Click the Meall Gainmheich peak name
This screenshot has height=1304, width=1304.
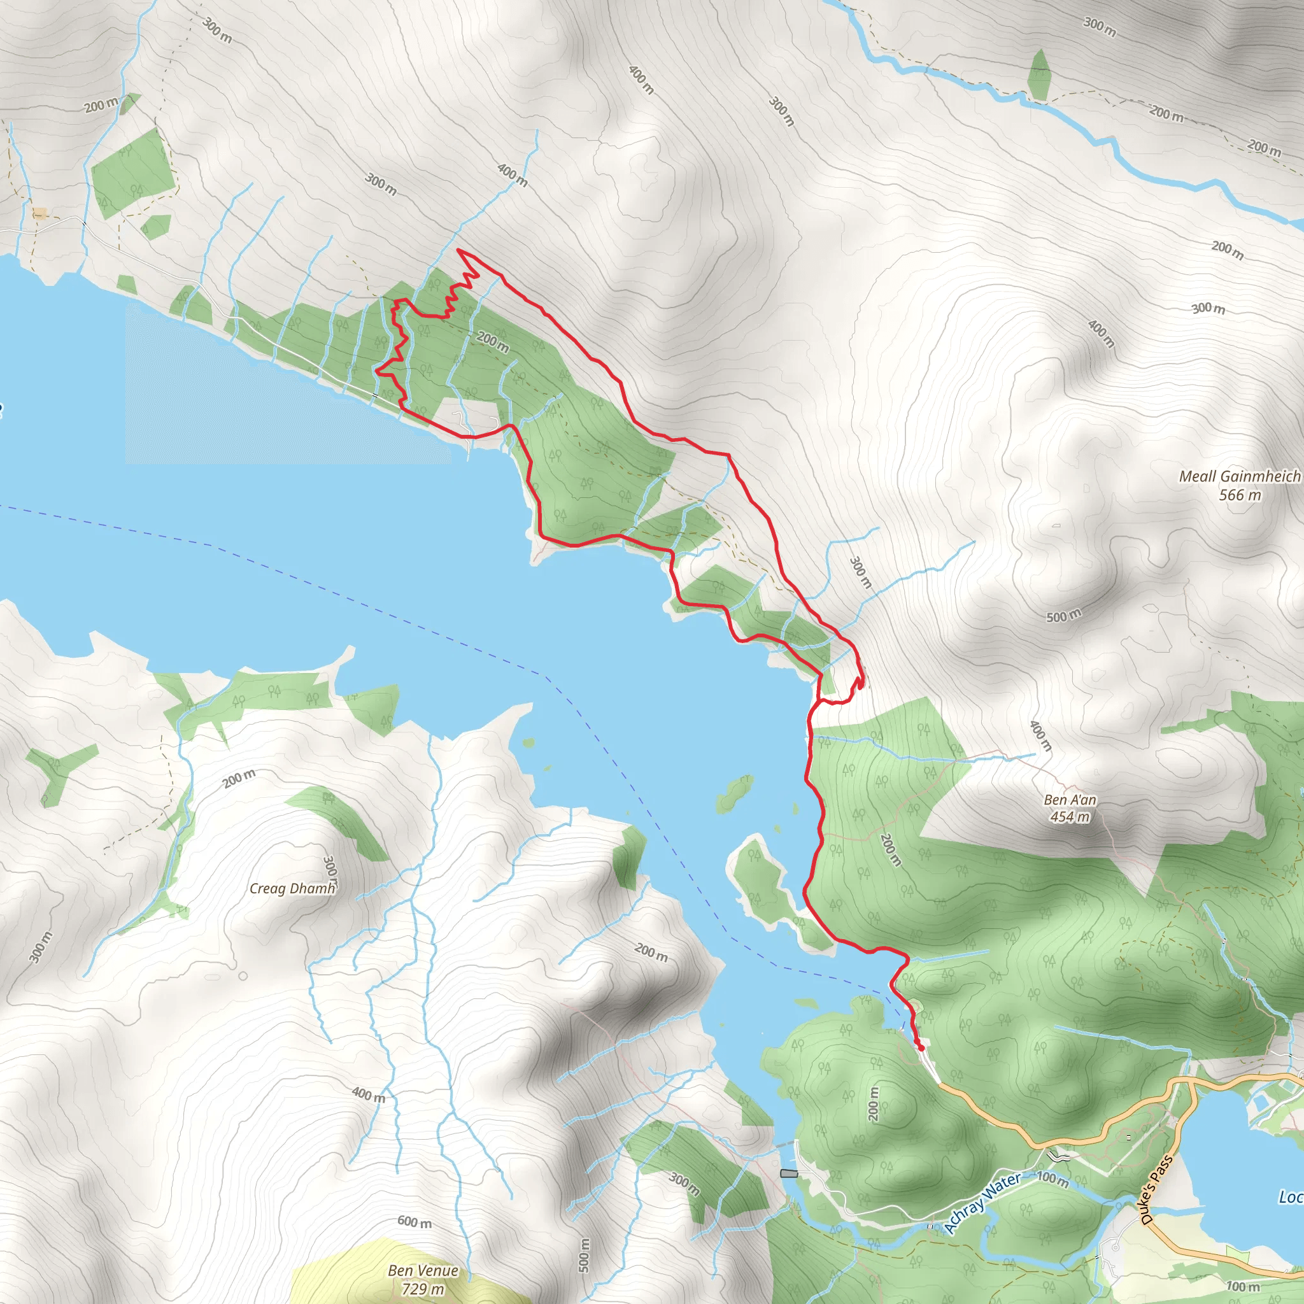point(1239,476)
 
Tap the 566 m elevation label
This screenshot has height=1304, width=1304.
point(1239,495)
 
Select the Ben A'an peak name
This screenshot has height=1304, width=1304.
point(1070,799)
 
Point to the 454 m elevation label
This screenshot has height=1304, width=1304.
point(1070,817)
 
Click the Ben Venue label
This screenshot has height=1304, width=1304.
point(423,1270)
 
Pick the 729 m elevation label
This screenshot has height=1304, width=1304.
point(423,1289)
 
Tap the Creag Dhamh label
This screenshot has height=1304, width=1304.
point(292,888)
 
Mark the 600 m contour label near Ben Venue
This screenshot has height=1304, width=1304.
point(415,1222)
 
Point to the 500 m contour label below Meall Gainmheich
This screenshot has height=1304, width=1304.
point(1064,616)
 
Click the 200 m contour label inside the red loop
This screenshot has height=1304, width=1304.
point(493,341)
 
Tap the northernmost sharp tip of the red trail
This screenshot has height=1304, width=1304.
point(459,250)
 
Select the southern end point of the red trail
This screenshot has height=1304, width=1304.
point(921,1048)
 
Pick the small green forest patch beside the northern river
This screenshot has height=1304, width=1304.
point(1039,74)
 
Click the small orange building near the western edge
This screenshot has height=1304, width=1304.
point(40,214)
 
